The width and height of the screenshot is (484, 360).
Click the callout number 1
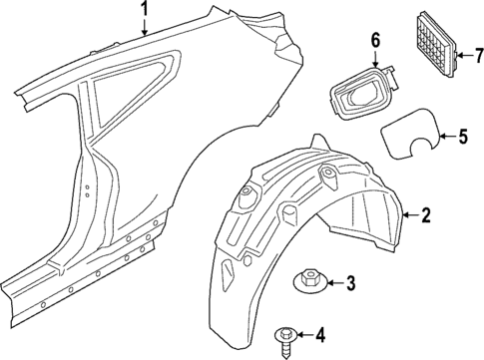click(x=144, y=11)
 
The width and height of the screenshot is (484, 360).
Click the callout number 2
click(x=426, y=242)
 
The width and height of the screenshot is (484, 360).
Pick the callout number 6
click(x=376, y=41)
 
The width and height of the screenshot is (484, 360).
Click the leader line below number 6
click(x=376, y=60)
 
